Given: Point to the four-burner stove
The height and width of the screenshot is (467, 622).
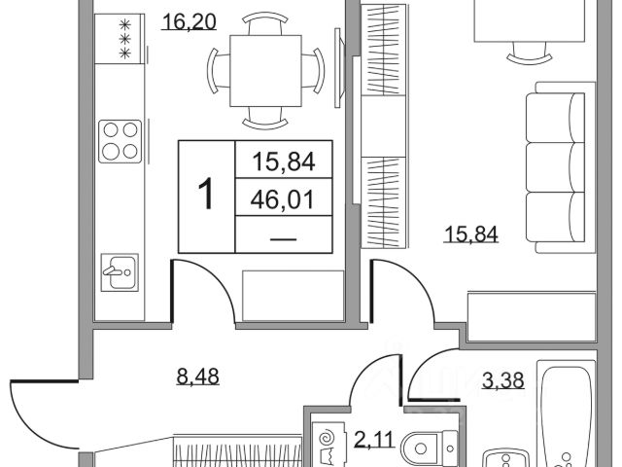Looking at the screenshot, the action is coord(121,138).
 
